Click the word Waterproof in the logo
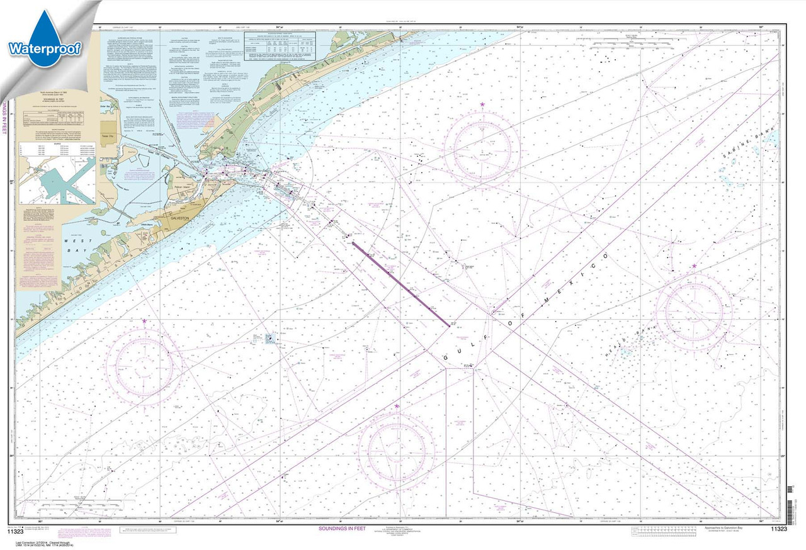click(x=44, y=48)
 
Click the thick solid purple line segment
click(x=400, y=284)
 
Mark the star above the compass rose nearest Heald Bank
click(x=694, y=266)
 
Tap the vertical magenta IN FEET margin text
click(x=4, y=117)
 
